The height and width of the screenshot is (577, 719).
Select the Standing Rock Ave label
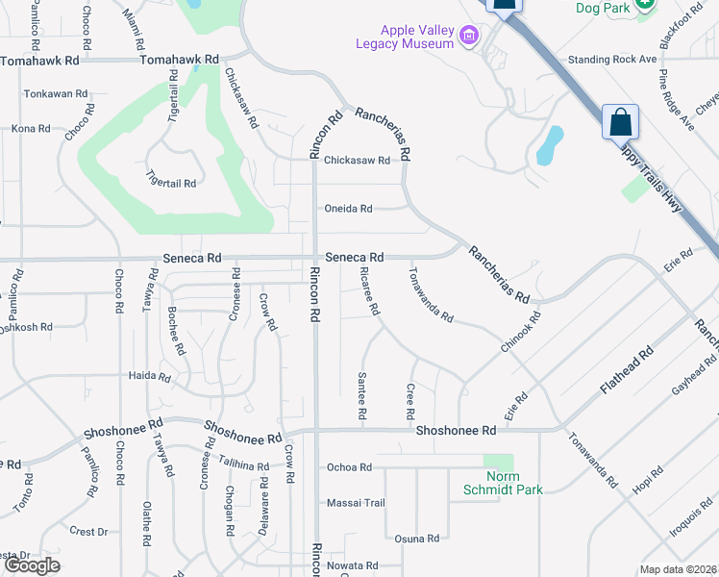[611, 60]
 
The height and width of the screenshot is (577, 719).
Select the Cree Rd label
[409, 400]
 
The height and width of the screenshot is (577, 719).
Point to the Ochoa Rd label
[350, 467]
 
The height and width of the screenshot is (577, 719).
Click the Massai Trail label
[356, 503]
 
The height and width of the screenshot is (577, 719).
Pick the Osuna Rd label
[417, 539]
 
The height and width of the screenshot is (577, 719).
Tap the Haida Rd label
[150, 376]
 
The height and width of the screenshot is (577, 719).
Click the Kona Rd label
[30, 129]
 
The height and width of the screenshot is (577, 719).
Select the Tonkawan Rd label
[56, 94]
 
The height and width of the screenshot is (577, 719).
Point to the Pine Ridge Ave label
[676, 98]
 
